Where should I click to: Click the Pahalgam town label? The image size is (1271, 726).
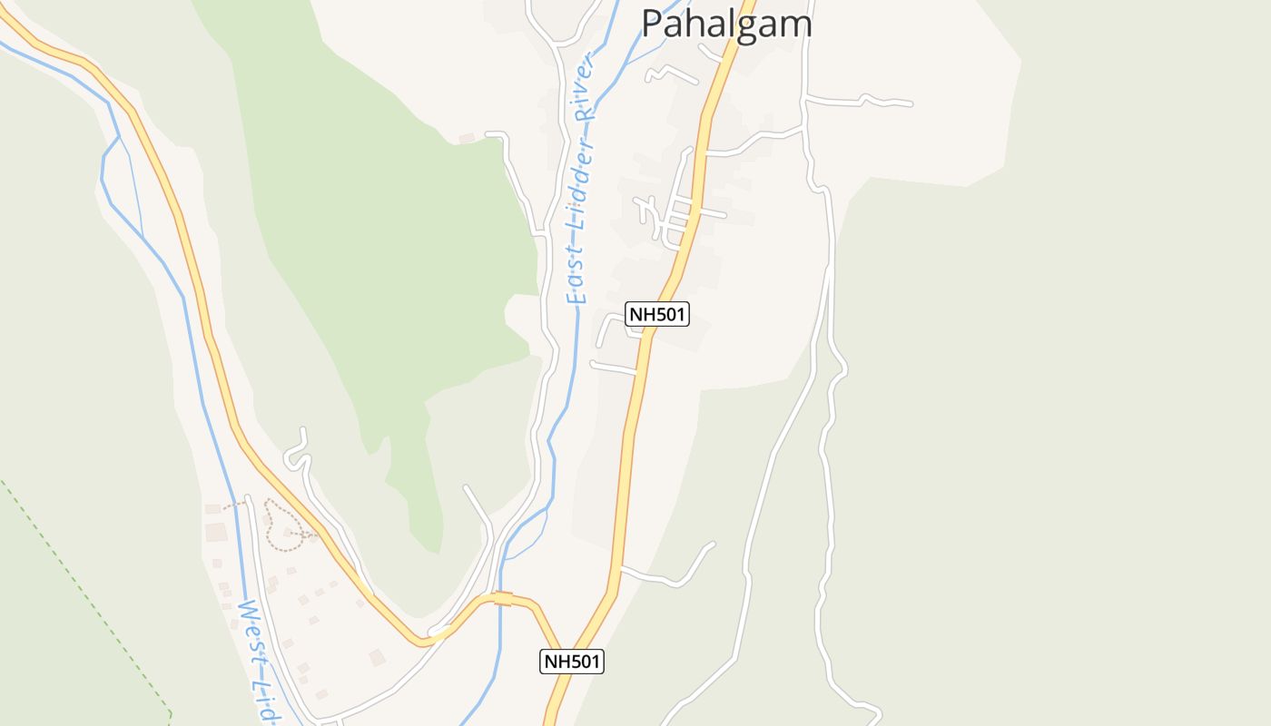726,23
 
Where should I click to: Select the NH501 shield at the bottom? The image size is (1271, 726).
572,662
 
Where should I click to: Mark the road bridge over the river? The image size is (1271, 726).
502,598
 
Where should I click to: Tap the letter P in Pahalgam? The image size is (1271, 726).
652,24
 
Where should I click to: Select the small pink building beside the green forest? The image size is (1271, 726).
467,138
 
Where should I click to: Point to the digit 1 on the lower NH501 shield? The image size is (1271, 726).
595,662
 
